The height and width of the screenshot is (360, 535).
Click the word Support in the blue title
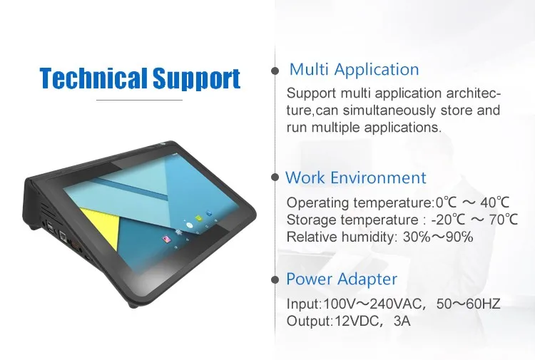coord(196,79)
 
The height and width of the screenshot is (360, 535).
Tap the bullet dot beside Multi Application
coord(275,71)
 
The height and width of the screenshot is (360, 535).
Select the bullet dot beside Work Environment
coord(275,177)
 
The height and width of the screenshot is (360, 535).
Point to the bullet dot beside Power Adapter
coord(275,280)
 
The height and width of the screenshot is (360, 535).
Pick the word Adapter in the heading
coord(367,279)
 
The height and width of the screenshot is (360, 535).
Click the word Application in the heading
coord(377,70)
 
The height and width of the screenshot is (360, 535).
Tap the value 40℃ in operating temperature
coord(495,202)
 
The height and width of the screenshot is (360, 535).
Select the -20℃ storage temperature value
coord(448,220)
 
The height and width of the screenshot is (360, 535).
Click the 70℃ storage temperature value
coord(504,220)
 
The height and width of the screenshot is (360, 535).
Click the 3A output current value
coord(402,321)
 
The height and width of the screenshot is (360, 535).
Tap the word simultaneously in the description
coord(389,110)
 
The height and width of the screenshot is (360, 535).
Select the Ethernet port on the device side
coord(63,235)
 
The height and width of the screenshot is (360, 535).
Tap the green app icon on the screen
coord(197,218)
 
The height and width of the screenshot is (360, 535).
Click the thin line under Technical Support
coord(140,101)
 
